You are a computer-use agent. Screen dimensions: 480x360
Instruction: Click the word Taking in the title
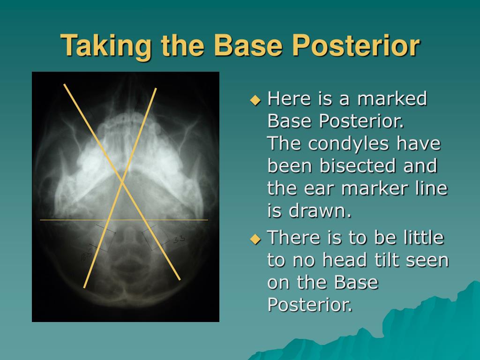105,45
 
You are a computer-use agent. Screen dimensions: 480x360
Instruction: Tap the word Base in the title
247,45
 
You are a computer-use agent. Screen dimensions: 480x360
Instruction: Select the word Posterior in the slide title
356,45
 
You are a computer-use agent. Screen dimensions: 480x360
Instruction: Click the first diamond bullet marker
255,100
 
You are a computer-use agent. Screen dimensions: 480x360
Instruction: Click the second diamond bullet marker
255,239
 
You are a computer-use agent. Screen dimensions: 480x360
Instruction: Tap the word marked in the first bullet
392,98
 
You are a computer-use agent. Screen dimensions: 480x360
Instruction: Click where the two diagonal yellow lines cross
123,182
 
